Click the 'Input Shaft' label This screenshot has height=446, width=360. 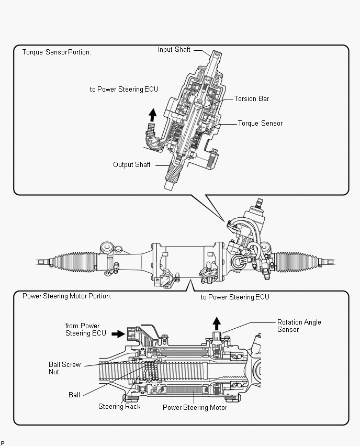(174, 50)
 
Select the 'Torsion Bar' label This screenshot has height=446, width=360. (251, 98)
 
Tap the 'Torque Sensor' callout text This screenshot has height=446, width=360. (260, 124)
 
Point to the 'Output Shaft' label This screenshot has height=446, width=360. (131, 164)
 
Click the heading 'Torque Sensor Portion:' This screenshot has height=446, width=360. (56, 52)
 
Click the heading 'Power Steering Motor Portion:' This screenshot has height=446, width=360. (66, 296)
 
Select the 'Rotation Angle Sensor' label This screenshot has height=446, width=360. (299, 326)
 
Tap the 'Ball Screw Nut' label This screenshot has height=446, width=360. (64, 368)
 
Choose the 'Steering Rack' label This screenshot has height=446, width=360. (119, 406)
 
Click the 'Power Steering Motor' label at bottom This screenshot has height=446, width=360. (195, 407)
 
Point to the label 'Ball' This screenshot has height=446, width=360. (74, 395)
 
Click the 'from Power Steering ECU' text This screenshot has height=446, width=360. (85, 329)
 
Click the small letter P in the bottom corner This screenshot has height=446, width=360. (3, 443)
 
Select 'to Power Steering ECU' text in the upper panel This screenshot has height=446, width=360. (123, 90)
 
